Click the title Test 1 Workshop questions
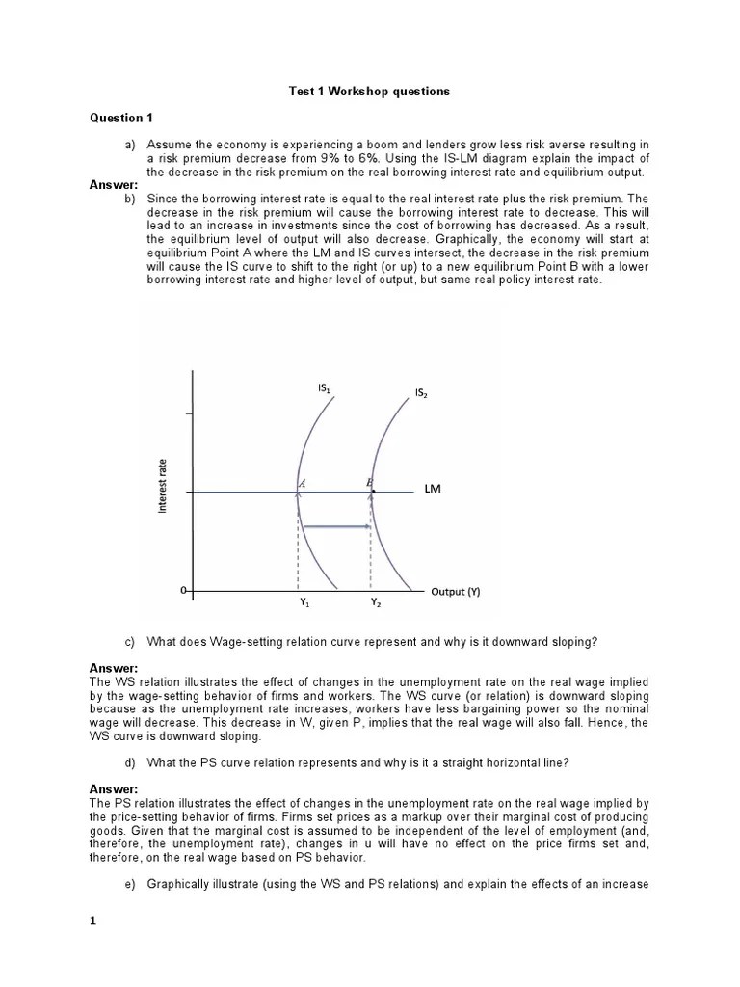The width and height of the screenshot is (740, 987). (369, 92)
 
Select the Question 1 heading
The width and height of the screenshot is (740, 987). (121, 119)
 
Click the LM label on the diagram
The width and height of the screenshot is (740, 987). (433, 490)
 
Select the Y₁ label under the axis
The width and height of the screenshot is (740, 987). (304, 604)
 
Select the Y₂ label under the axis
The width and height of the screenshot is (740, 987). (376, 604)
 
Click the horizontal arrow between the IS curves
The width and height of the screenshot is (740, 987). (337, 526)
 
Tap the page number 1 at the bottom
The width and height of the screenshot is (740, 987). (93, 920)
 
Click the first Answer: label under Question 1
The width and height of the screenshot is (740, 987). (114, 185)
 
